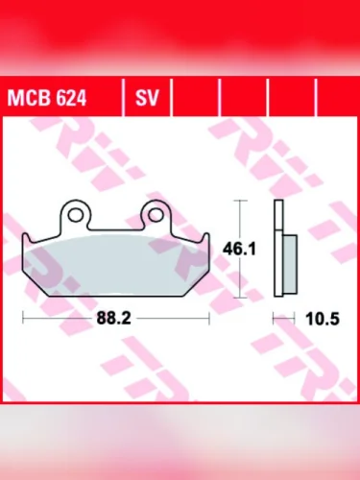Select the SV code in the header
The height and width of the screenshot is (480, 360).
[x=147, y=97]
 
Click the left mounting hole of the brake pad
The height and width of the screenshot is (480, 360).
[x=73, y=213]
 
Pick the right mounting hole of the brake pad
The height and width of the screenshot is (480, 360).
[x=156, y=213]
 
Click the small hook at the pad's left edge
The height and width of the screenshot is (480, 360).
[x=26, y=240]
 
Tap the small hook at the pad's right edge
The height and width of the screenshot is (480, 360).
[x=204, y=240]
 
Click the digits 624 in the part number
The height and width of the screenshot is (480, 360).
[x=62, y=97]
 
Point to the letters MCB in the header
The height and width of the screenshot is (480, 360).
[x=27, y=97]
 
